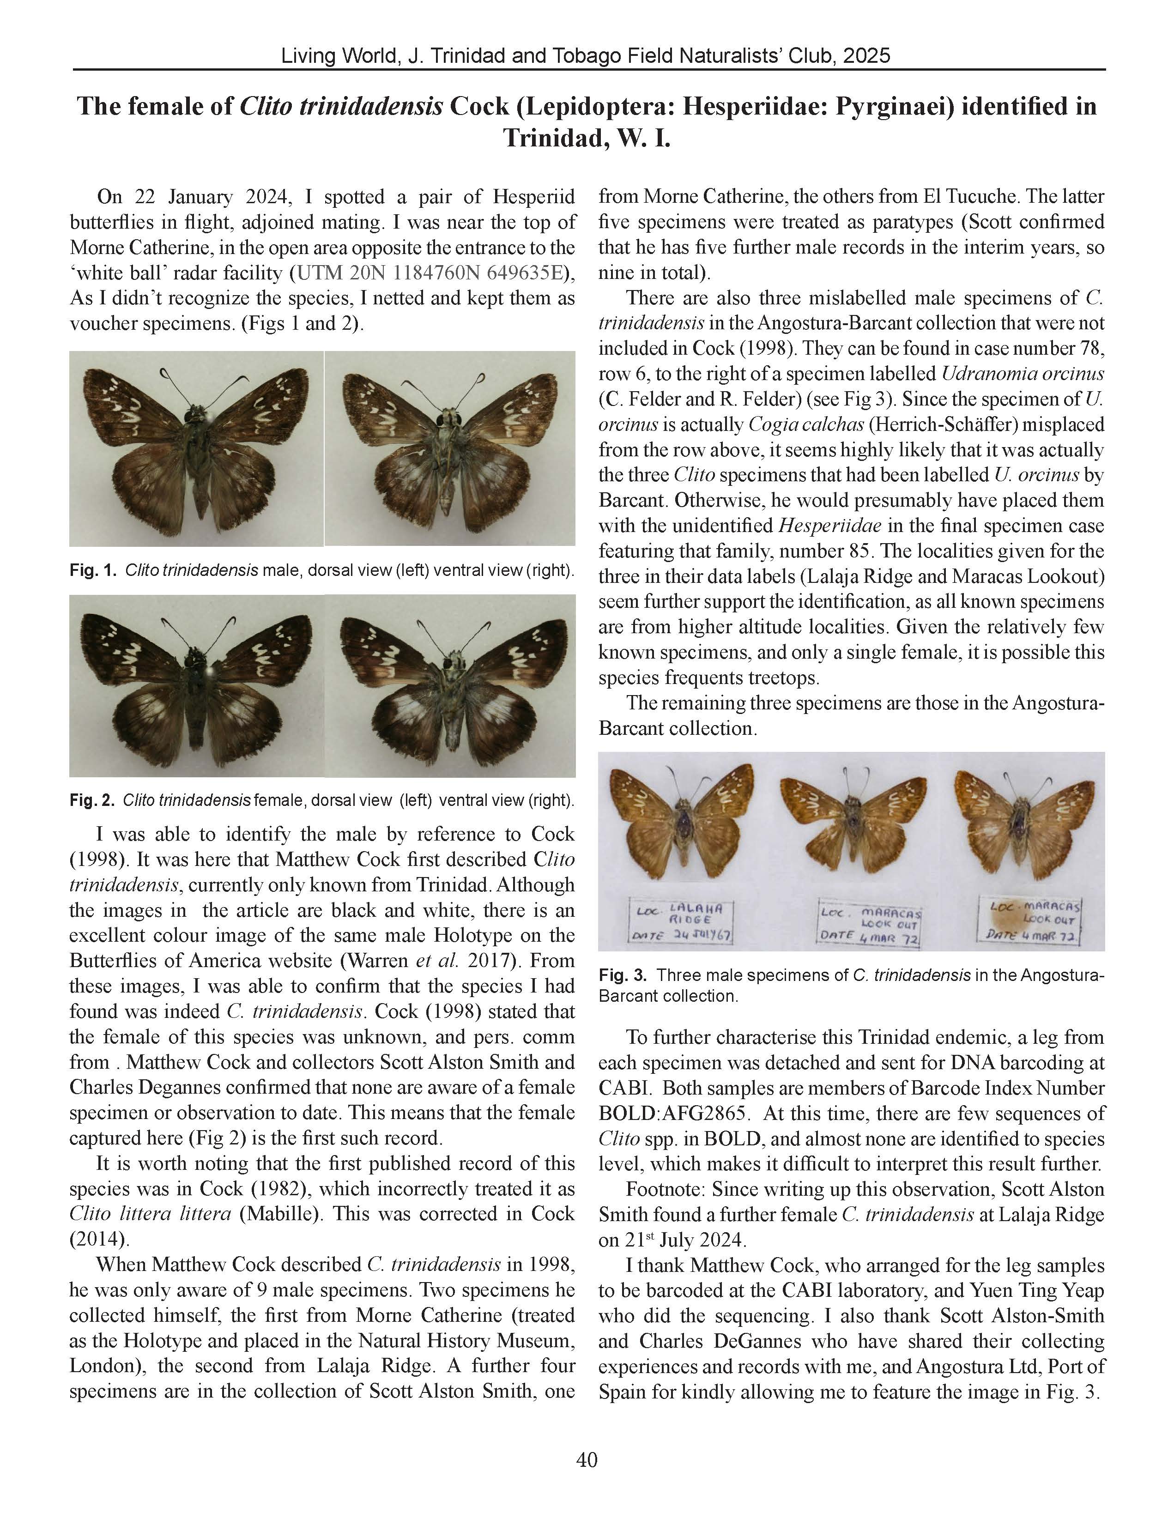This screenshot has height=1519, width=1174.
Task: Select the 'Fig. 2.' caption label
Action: (92, 800)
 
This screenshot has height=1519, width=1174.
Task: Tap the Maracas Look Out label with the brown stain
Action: (1034, 920)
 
